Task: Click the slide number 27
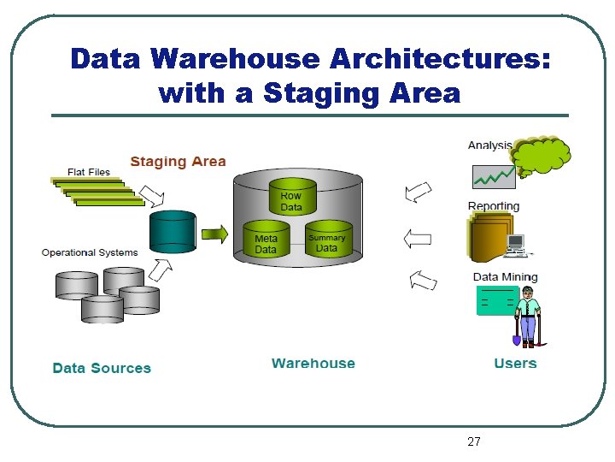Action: pos(474,441)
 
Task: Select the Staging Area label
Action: pos(178,161)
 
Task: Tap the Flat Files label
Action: pos(89,171)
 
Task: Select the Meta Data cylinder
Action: pos(266,240)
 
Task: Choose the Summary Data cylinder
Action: pos(326,240)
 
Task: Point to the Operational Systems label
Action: pos(89,252)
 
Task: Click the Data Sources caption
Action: pos(102,368)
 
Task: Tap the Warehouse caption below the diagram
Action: pos(313,364)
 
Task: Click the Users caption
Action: pos(515,364)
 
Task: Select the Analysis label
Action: pos(489,145)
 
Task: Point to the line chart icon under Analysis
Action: pos(493,176)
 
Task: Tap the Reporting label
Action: pos(494,206)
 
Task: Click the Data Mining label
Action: pos(505,276)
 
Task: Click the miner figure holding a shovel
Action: pos(528,315)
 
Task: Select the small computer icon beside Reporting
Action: pos(516,246)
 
